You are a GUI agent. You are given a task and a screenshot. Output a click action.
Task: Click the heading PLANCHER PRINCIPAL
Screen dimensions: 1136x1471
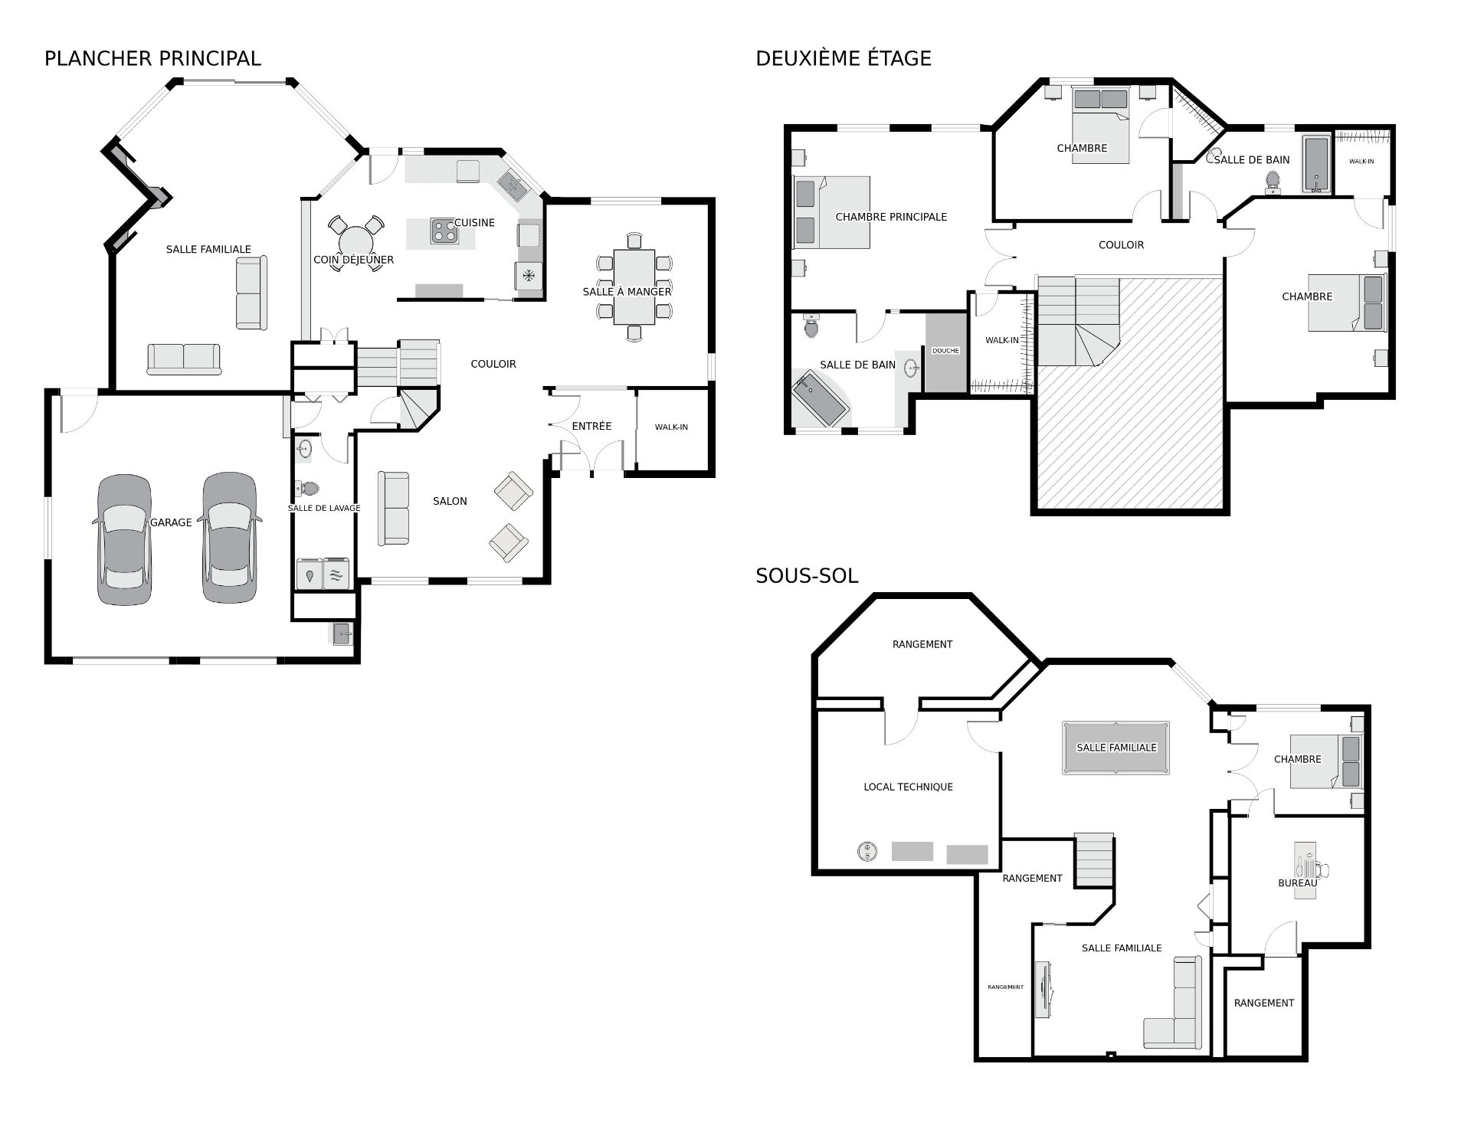click(152, 58)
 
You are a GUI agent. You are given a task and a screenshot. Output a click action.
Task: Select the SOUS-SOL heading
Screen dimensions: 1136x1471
click(806, 575)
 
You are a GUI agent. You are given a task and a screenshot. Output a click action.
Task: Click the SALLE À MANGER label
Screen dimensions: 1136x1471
click(627, 291)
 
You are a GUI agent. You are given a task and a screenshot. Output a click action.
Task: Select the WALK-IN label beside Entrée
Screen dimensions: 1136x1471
click(671, 427)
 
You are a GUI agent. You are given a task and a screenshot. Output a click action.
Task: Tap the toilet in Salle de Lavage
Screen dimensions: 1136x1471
click(307, 488)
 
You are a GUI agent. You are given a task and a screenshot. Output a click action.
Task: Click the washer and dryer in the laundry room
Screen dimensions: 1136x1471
click(324, 574)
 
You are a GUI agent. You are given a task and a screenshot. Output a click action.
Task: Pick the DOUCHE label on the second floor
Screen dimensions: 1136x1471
click(945, 350)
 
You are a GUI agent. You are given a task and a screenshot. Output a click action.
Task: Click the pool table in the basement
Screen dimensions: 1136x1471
click(1116, 748)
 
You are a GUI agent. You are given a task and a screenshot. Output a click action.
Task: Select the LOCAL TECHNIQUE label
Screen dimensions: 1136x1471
click(908, 787)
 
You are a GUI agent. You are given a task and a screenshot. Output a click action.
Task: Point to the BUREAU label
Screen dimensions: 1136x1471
click(1297, 883)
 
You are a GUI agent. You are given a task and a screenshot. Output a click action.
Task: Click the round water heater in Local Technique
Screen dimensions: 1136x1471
click(867, 850)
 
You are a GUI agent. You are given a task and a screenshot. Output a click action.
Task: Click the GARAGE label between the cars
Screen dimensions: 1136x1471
click(171, 522)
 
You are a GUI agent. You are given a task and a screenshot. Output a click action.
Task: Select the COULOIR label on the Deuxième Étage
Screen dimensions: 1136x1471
click(1121, 245)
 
